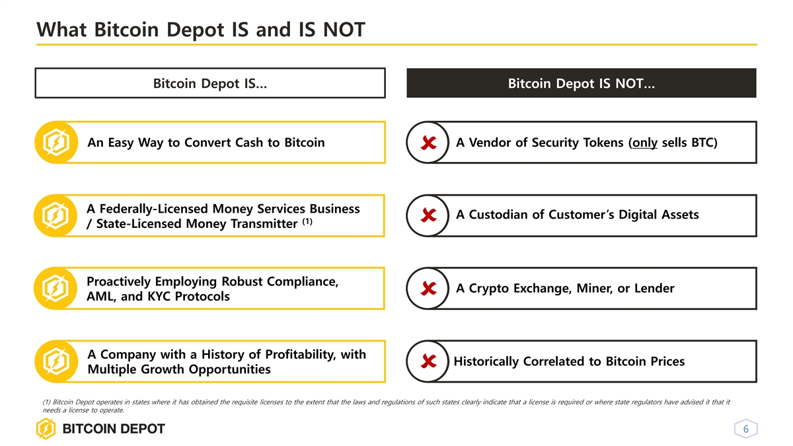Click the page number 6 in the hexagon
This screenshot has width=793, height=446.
745,429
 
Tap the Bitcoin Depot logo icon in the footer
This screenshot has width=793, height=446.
46,429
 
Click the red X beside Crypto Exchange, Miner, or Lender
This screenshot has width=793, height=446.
428,289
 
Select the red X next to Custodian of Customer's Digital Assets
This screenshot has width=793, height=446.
428,215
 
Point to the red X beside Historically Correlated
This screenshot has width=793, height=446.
428,361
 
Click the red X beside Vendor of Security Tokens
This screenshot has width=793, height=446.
428,143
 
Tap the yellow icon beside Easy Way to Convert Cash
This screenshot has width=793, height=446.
56,142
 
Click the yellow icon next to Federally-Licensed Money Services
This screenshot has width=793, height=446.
56,215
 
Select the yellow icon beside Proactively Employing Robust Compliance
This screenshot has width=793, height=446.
56,289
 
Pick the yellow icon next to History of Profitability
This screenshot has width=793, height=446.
56,361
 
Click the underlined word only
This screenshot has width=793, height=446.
645,143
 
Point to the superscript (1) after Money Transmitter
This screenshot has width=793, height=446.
307,221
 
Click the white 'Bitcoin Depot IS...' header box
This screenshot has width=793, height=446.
210,83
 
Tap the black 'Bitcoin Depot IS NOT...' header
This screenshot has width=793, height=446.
582,83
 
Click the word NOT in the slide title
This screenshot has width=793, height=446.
344,29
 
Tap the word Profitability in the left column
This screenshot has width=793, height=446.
300,354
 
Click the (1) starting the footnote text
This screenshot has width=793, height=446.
46,402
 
